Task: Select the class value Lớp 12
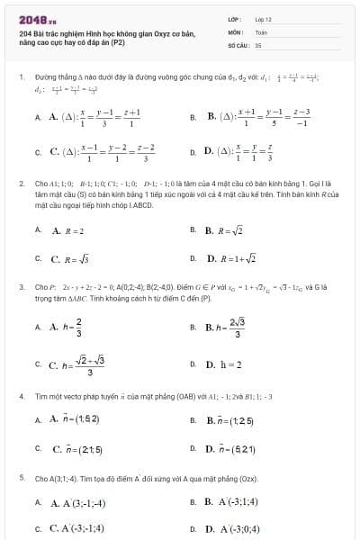pos(263,19)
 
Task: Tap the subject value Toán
pos(260,31)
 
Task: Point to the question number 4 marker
pos(21,395)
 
